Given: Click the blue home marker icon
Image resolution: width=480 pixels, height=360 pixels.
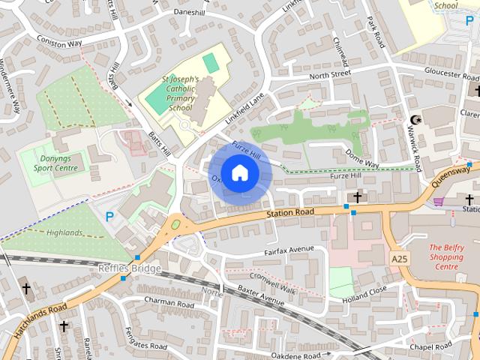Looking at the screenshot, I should coord(239,172).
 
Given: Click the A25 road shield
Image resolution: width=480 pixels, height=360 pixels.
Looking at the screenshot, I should coord(400,257).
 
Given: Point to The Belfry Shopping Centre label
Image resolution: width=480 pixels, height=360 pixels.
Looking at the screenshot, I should coord(445,256).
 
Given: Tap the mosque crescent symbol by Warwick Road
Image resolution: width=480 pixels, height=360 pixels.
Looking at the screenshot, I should coord(417,120).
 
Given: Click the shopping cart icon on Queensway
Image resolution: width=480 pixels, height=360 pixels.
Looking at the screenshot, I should coord(439,201).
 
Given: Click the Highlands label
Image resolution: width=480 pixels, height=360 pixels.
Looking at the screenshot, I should coord(64,233).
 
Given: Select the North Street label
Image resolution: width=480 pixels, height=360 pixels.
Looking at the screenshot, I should coord(329,74).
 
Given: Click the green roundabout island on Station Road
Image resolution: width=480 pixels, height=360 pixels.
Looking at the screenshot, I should coord(176,223).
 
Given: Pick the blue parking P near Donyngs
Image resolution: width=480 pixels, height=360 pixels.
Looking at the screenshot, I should coord(109,217).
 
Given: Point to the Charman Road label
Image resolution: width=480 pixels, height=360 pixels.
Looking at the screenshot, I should coord(169,303).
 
